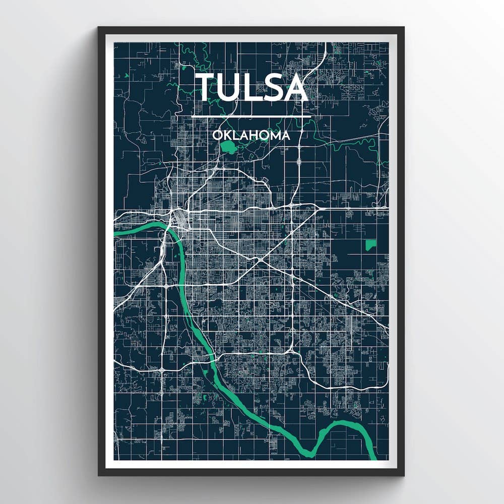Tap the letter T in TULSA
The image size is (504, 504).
(206, 87)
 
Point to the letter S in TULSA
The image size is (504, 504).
(274, 87)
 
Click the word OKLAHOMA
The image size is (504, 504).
(251, 136)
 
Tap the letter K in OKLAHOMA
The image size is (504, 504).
(226, 136)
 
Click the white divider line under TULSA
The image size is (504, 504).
(251, 117)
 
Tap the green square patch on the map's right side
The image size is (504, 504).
(370, 245)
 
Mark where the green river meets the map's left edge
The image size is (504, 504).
(116, 233)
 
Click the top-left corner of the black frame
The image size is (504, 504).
(99, 28)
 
